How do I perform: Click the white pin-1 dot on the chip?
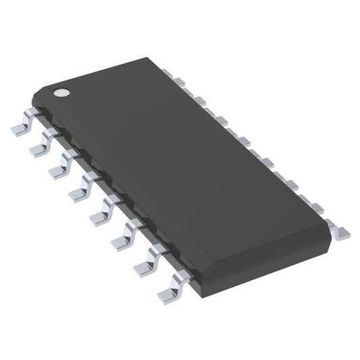(x=61, y=93)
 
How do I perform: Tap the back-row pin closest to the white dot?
(x=178, y=81)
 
